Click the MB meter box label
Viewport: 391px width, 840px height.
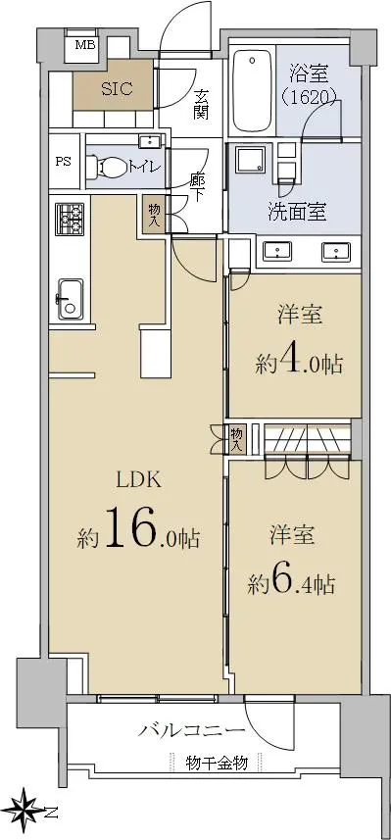coord(84,44)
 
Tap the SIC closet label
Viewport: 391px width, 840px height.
coord(117,88)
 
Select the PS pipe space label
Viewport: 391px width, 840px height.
coord(64,162)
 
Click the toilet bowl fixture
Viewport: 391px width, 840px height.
coord(104,167)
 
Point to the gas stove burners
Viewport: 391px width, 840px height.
coord(70,219)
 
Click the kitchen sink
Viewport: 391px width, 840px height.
coord(71,299)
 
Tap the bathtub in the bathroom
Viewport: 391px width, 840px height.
coord(251,93)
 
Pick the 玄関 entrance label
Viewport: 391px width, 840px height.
coord(201,105)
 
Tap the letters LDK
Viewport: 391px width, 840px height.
coord(140,479)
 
